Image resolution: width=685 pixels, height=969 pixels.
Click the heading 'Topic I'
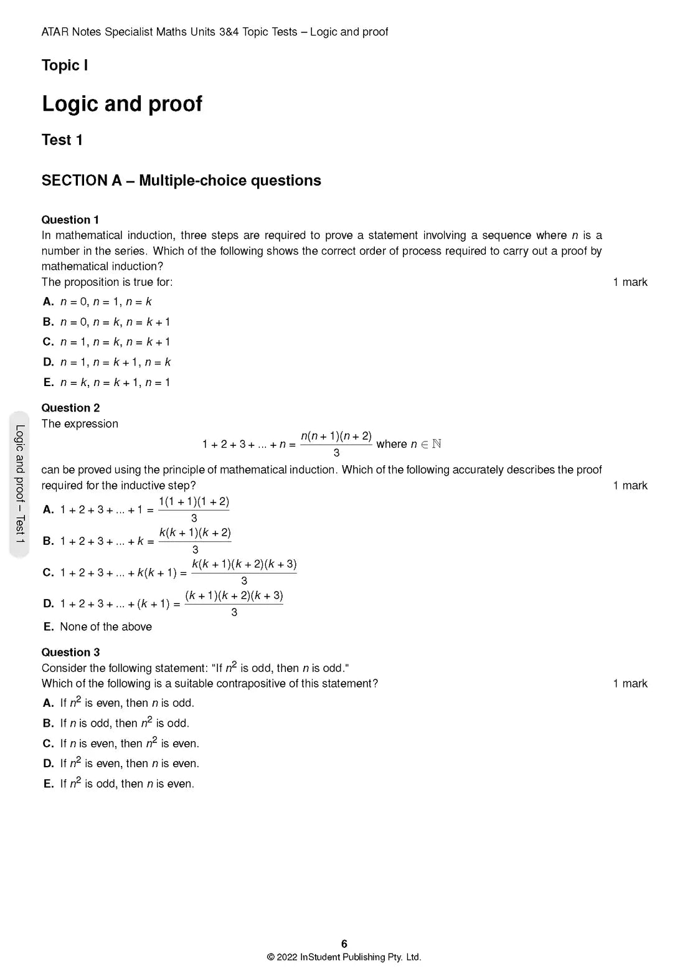65,65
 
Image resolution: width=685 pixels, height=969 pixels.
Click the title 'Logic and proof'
122,103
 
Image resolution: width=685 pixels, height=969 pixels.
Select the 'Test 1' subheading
62,140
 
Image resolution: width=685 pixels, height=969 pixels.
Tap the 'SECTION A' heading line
181,181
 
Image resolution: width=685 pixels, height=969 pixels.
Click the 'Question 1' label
70,220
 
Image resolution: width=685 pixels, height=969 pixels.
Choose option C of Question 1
115,342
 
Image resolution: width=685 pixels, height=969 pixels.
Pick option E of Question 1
115,382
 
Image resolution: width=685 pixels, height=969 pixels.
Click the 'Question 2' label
70,408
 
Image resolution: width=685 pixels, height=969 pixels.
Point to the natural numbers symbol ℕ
437,444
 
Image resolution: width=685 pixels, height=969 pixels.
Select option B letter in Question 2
49,541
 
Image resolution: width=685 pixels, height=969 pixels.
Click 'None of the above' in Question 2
106,626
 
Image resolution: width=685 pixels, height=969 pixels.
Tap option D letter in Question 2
49,603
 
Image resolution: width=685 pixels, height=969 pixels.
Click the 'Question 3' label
70,652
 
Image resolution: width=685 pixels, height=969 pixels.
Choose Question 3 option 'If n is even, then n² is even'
130,744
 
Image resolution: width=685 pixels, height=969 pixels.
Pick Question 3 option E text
127,784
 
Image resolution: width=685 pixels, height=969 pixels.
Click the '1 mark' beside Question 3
630,684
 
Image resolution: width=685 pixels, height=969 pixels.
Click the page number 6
344,944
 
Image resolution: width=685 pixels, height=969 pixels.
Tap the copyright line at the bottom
344,957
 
